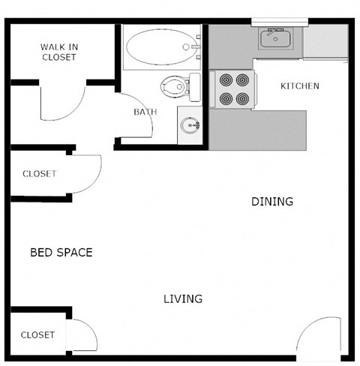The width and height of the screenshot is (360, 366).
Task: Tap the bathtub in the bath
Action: coord(160,48)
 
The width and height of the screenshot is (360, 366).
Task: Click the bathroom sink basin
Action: coord(190,124)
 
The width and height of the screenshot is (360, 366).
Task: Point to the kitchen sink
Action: coord(276,37)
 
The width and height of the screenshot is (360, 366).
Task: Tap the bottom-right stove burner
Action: coord(242,98)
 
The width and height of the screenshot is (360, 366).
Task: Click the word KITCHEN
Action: coord(299,86)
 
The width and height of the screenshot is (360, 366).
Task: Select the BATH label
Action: coord(145,112)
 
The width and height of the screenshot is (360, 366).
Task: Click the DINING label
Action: coord(271,202)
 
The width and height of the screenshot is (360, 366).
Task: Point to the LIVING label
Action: coord(183,299)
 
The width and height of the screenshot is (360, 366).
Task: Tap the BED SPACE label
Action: coord(61,253)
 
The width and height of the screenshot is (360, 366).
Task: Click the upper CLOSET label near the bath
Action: coord(39,174)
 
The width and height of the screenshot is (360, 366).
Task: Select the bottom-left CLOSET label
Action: coord(37,334)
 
